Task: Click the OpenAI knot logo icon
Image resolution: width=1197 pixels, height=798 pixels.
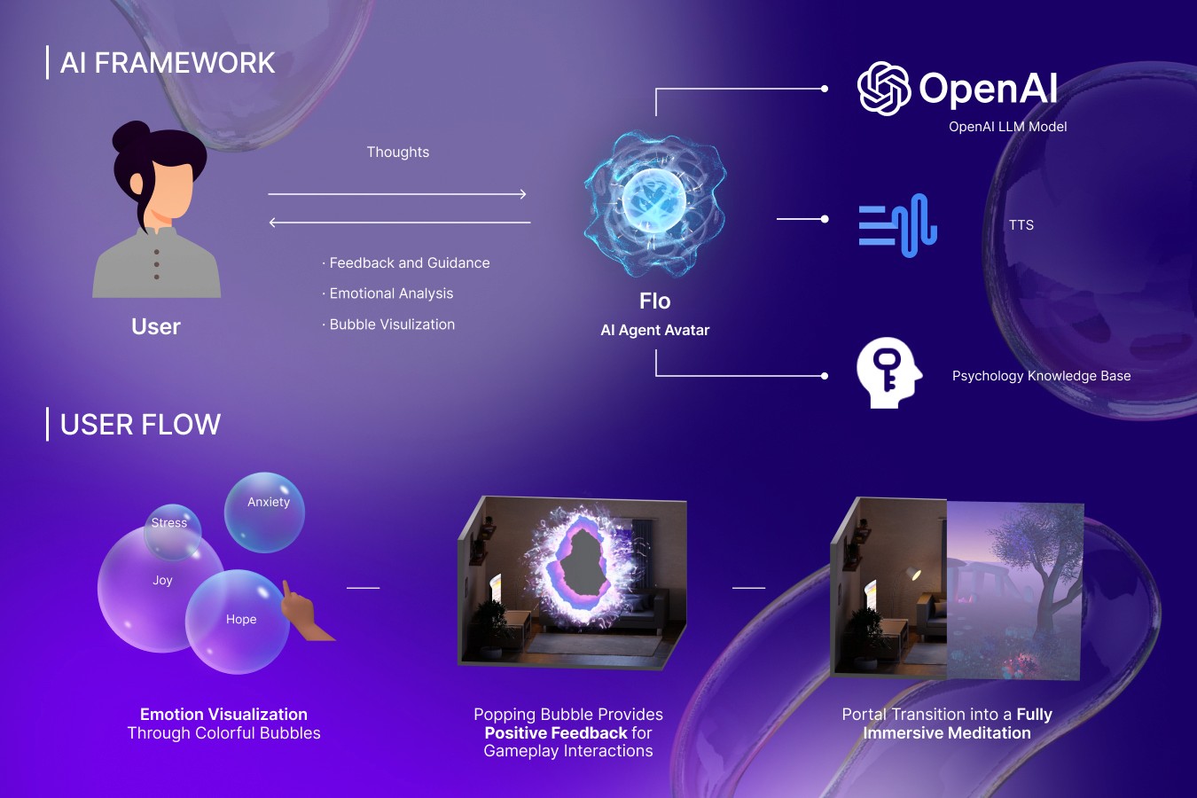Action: click(884, 88)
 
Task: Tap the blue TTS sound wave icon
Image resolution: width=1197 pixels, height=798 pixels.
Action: click(897, 225)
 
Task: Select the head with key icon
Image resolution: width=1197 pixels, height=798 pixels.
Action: click(888, 372)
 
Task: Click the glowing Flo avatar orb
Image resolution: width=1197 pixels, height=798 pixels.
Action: click(654, 203)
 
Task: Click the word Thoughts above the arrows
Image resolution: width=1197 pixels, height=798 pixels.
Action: click(398, 153)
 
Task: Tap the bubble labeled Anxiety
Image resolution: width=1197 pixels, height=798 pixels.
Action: click(265, 512)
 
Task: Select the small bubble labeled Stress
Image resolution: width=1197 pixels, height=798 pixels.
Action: click(172, 531)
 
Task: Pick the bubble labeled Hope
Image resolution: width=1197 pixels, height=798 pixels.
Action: click(238, 622)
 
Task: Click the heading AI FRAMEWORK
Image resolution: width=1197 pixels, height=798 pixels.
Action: click(168, 63)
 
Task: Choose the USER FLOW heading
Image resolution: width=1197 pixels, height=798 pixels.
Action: click(140, 425)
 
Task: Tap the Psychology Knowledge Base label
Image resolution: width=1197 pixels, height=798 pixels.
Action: click(1041, 376)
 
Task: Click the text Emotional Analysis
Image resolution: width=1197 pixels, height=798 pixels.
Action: click(391, 293)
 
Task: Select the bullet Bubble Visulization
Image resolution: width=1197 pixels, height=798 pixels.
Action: click(392, 325)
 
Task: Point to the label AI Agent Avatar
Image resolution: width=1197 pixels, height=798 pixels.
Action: click(655, 330)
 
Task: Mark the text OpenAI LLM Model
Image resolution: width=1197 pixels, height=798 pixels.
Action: click(1007, 127)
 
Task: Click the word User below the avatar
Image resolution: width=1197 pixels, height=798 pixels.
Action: click(156, 327)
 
